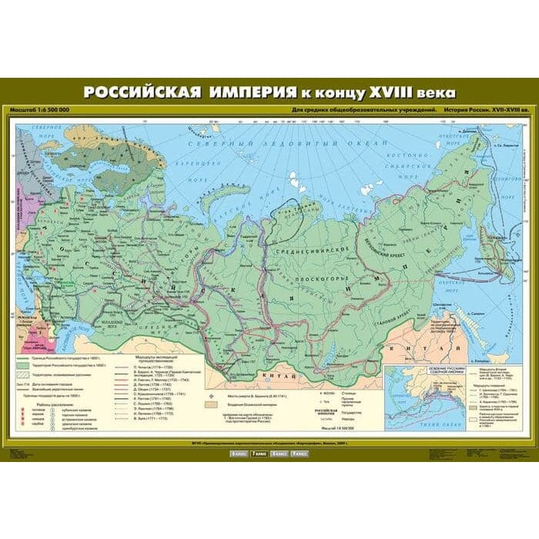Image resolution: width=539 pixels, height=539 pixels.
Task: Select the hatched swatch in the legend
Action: (x=19, y=376)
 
